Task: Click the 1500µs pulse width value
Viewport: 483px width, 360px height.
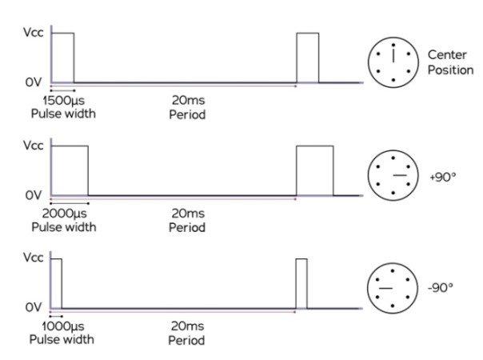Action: point(63,101)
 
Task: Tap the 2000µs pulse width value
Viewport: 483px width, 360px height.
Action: point(65,214)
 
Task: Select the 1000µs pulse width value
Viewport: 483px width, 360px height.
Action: point(63,326)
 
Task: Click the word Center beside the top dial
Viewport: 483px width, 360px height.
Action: point(447,55)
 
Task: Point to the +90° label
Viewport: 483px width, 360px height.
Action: point(443,177)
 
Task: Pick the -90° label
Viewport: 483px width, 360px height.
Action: point(441,287)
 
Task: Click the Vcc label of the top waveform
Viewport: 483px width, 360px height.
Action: point(34,32)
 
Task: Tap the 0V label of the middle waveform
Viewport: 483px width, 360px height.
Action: point(34,195)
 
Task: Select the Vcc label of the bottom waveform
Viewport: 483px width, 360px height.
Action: point(34,258)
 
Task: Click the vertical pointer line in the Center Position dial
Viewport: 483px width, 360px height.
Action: point(393,55)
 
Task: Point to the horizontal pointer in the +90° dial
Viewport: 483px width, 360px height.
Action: point(400,175)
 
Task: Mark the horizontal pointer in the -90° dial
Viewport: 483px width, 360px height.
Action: point(385,288)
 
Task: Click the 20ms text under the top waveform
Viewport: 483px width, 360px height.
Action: point(188,100)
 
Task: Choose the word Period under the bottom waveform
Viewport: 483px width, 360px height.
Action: point(186,341)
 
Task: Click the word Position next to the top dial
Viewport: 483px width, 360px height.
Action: point(451,70)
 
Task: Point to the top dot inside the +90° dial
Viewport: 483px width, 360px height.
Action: point(393,158)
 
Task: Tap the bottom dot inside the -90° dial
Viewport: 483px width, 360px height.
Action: point(393,306)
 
